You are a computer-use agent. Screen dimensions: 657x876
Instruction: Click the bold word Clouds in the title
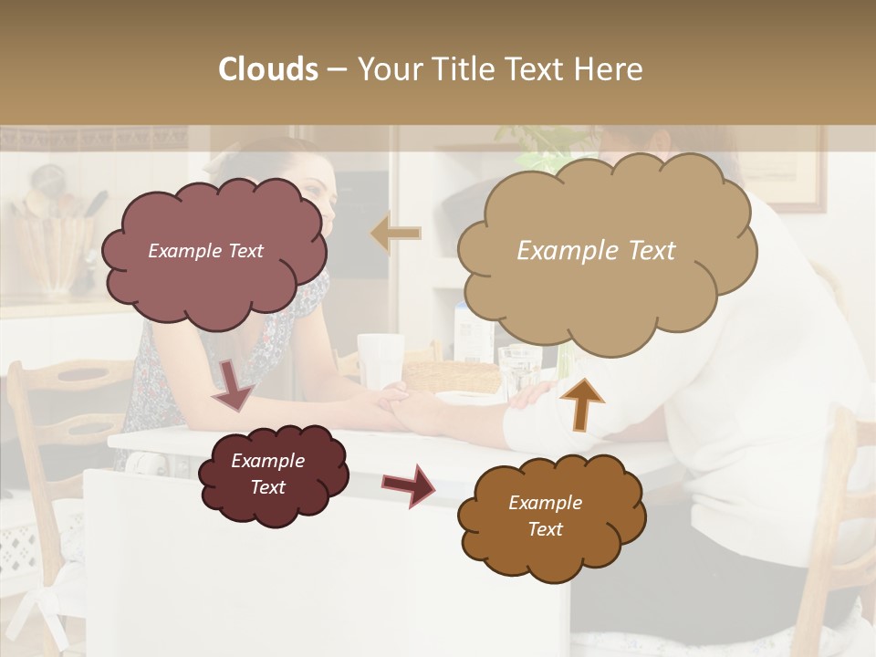coord(268,68)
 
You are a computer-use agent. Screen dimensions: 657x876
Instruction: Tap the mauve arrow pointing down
coord(232,384)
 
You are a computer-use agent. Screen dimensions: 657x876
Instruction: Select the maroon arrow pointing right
coord(408,485)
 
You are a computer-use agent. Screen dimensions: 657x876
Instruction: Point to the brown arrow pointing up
coord(582,402)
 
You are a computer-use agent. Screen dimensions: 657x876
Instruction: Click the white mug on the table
coord(380,358)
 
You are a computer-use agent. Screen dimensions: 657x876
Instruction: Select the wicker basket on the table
coord(452,376)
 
